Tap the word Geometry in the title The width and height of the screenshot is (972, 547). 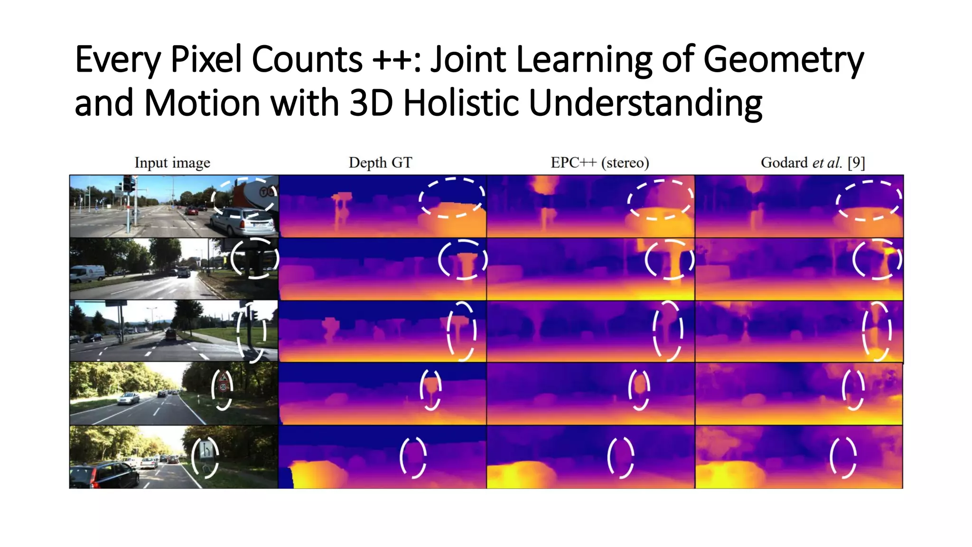click(x=783, y=59)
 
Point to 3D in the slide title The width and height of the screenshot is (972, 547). click(x=371, y=103)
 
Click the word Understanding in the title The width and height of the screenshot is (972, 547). click(x=645, y=103)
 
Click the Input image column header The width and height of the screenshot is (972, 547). click(x=172, y=163)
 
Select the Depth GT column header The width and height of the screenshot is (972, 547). click(x=380, y=163)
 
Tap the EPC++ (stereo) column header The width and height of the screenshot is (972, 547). click(x=599, y=163)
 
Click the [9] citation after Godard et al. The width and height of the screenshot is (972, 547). click(x=856, y=163)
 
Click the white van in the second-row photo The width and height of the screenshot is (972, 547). click(x=87, y=273)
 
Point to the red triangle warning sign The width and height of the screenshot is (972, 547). click(x=223, y=378)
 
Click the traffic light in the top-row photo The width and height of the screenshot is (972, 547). click(x=127, y=183)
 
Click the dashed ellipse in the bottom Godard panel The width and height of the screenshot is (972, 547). click(x=843, y=457)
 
